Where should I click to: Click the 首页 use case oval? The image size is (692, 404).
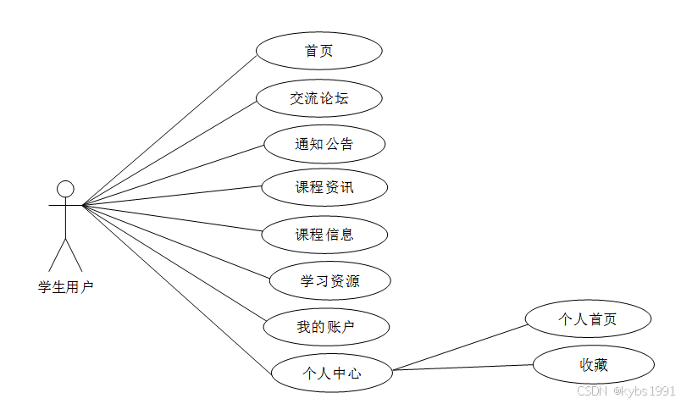(318, 51)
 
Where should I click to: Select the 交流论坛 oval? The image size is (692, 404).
(318, 98)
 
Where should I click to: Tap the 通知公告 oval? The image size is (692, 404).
(324, 144)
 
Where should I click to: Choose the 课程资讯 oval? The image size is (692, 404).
(324, 187)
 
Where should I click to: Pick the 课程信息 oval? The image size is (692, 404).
(324, 235)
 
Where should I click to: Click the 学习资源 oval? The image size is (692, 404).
(329, 280)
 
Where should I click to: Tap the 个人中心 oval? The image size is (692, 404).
(332, 372)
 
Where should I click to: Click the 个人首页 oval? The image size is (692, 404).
(588, 319)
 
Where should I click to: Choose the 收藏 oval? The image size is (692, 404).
(593, 364)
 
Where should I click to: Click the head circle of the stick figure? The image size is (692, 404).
(65, 188)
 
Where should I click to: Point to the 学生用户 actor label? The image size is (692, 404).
(65, 287)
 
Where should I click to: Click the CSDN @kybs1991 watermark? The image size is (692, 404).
(626, 390)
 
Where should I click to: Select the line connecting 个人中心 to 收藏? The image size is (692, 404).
(463, 367)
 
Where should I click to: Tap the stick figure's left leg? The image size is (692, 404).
(57, 254)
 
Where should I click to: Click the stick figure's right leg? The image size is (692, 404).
(74, 254)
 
